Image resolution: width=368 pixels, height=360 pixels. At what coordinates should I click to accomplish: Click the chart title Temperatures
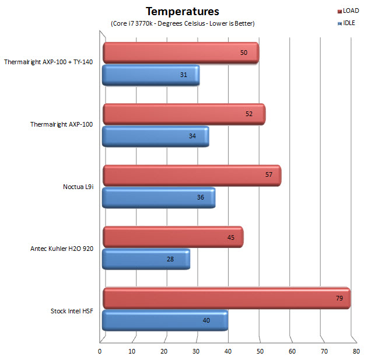pos(182,11)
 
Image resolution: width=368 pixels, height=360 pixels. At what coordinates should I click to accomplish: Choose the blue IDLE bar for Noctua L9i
pos(158,198)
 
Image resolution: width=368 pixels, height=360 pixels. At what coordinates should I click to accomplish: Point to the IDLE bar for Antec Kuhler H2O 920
pos(146,259)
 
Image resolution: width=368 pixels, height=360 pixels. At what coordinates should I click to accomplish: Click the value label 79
pos(339,298)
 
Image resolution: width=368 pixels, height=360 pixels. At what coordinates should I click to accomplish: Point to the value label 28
pos(170,259)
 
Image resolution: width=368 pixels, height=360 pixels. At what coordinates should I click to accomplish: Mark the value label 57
pos(269,176)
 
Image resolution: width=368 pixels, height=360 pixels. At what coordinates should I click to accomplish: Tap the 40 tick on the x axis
pos(228,351)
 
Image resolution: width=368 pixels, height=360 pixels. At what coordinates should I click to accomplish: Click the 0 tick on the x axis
pos(100,351)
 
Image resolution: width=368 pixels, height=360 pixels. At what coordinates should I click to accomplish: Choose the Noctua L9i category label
pos(78,187)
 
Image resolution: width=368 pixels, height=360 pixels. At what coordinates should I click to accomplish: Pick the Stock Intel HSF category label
pos(72,310)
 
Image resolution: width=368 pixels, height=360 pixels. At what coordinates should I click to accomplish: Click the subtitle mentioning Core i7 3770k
pos(182,23)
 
